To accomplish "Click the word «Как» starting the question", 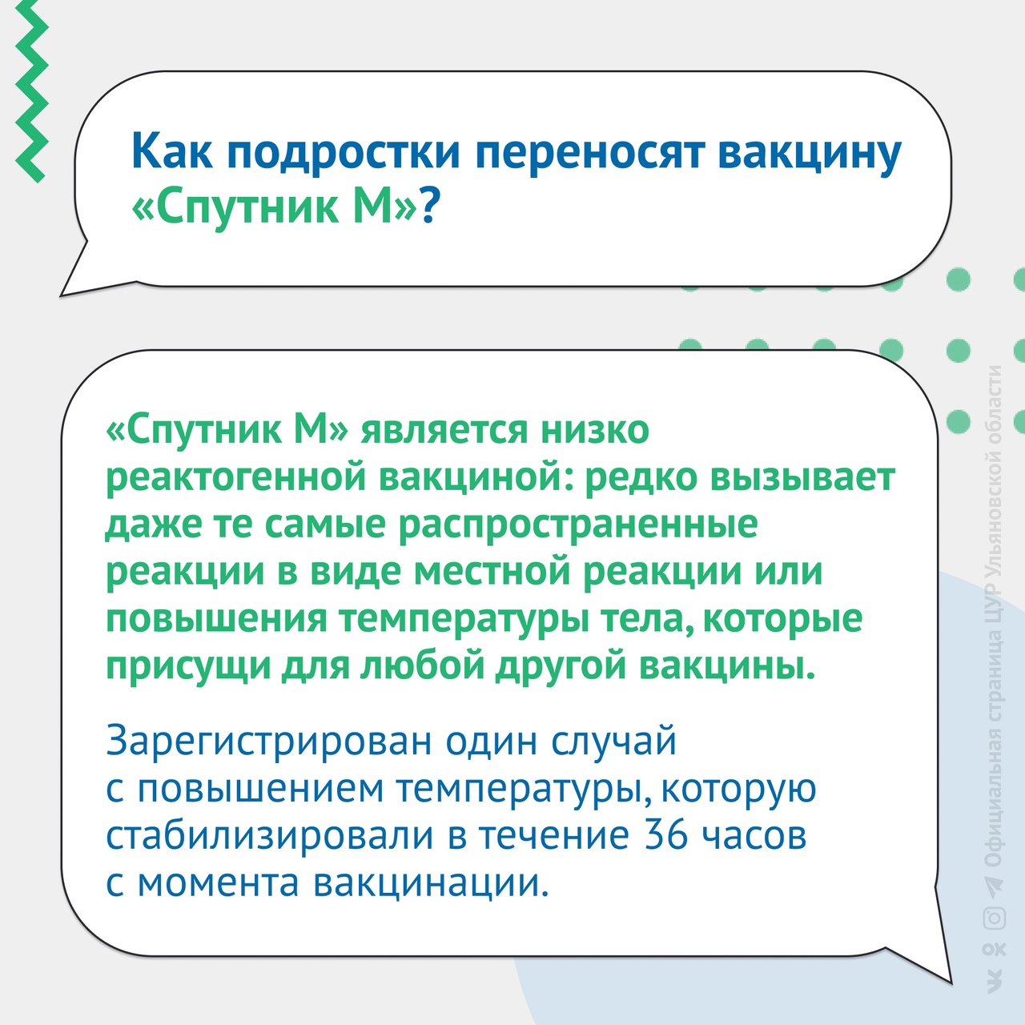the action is click(x=172, y=153).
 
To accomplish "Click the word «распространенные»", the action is click(x=578, y=525).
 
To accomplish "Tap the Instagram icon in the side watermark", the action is click(x=994, y=918).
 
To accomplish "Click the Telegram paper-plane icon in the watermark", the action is click(x=994, y=885).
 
